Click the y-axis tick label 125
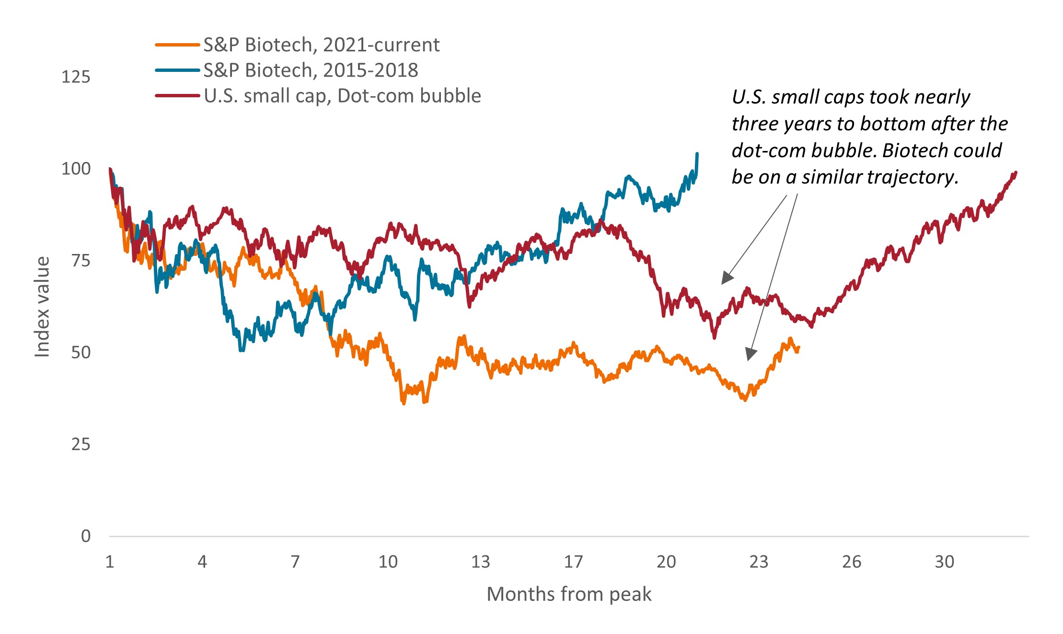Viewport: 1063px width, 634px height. (x=76, y=77)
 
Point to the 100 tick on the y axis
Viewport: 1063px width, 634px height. (x=76, y=169)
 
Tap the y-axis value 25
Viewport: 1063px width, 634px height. (x=81, y=444)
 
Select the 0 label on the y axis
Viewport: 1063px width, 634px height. (x=86, y=536)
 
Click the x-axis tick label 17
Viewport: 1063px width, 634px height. (x=573, y=562)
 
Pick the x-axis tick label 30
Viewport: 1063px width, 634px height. (x=944, y=562)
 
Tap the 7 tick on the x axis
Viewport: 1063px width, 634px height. (x=295, y=562)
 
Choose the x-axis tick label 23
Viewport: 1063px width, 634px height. (x=759, y=562)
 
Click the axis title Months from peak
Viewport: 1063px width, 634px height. (x=569, y=594)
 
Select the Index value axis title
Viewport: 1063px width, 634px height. (x=42, y=307)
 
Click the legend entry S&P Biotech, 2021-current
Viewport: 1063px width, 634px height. (x=321, y=45)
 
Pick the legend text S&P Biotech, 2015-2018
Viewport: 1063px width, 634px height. (x=311, y=70)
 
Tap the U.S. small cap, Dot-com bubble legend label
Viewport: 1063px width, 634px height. (x=342, y=96)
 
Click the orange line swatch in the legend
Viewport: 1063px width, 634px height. (x=177, y=45)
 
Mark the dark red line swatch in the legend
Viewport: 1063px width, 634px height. (x=177, y=96)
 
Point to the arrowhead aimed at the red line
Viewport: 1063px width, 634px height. (x=727, y=278)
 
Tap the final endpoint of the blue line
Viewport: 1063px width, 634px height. (x=697, y=154)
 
